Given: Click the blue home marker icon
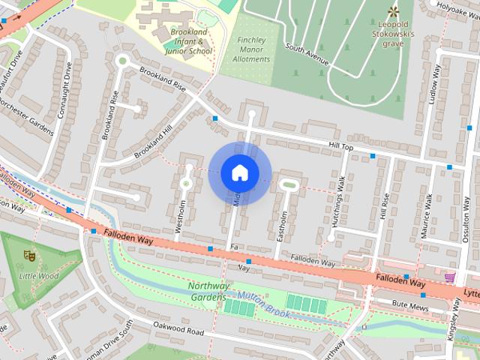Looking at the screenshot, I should point(239,172).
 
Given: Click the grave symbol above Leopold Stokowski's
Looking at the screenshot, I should point(393,10).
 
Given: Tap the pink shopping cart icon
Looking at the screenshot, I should point(449,277).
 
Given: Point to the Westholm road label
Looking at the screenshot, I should point(181,213).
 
